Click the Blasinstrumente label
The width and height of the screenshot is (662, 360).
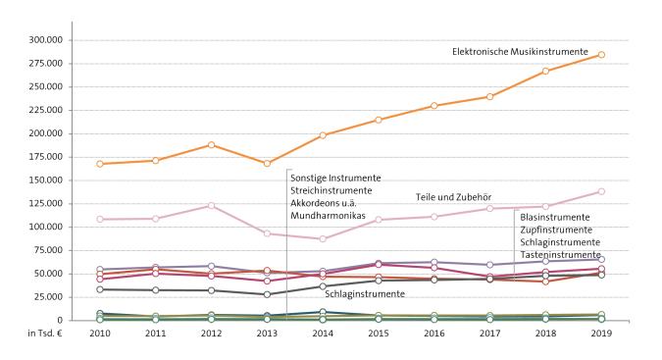pyautogui.click(x=554, y=216)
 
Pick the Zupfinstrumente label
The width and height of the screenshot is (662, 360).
pyautogui.click(x=556, y=229)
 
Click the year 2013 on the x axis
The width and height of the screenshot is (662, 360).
pyautogui.click(x=267, y=334)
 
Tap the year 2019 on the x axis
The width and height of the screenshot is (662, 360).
pyautogui.click(x=600, y=334)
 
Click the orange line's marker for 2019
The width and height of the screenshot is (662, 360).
pyautogui.click(x=600, y=55)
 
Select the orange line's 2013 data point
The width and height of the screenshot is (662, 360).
pyautogui.click(x=267, y=163)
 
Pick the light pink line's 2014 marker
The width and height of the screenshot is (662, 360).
pyautogui.click(x=323, y=238)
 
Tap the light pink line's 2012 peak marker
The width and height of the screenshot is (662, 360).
pyautogui.click(x=211, y=205)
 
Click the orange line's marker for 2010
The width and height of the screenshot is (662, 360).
pyautogui.click(x=100, y=164)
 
